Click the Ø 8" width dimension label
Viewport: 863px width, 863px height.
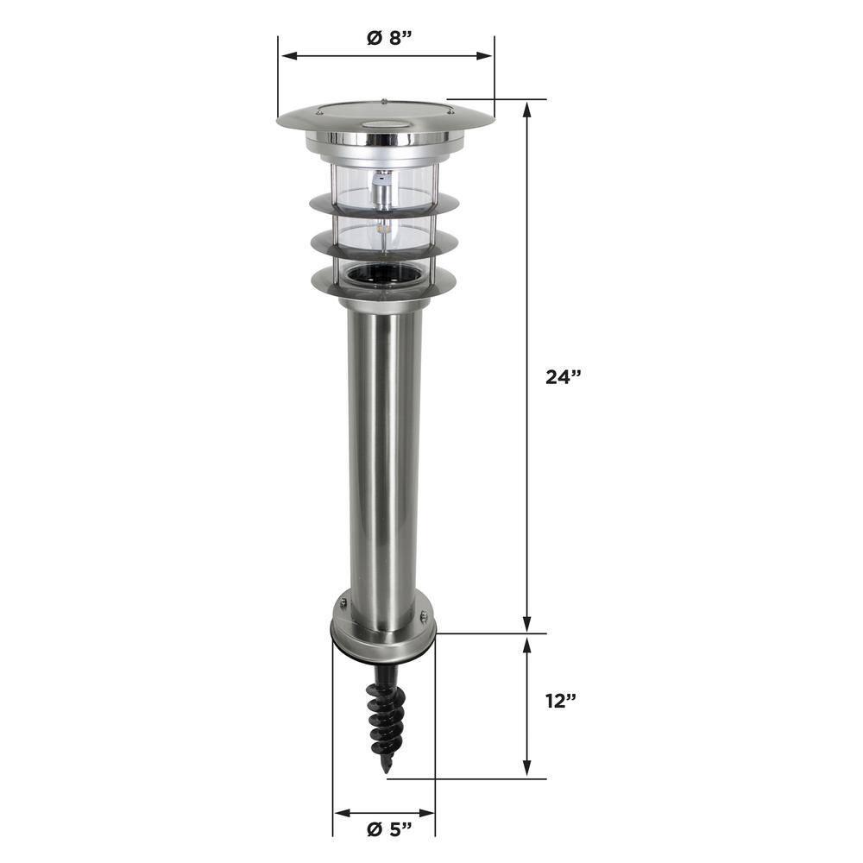[387, 38]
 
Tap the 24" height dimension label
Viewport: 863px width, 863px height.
[564, 376]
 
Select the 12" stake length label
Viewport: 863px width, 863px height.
[561, 700]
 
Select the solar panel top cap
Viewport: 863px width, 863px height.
[385, 119]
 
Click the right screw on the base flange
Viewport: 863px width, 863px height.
[423, 615]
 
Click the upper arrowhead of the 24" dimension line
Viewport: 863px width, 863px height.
[526, 107]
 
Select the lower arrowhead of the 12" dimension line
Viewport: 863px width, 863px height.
[526, 772]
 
